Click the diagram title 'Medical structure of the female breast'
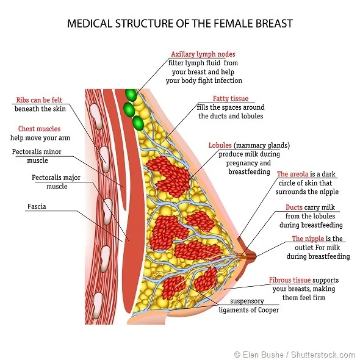pyautogui.click(x=179, y=24)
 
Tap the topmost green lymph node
pyautogui.click(x=131, y=95)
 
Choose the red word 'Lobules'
pyautogui.click(x=220, y=146)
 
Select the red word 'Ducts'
pyautogui.click(x=294, y=207)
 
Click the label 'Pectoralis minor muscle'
pyautogui.click(x=40, y=156)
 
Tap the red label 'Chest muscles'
pyautogui.click(x=39, y=129)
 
